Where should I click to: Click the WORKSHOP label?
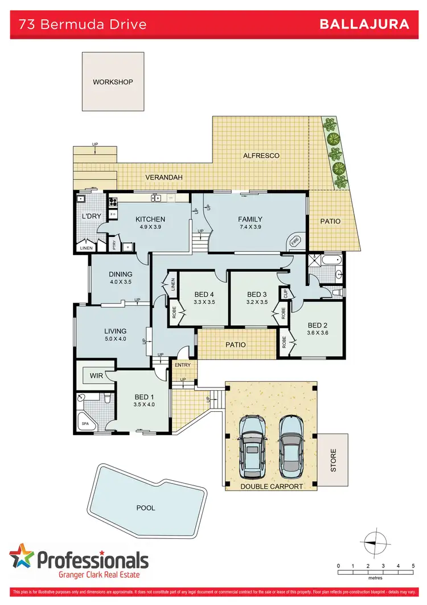coord(113,82)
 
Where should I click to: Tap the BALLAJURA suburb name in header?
coord(364,24)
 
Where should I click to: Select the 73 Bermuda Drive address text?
coord(83,24)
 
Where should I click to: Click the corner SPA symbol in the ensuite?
coord(85,424)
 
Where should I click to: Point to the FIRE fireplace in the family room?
coord(295,242)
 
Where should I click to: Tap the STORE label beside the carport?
coord(333,460)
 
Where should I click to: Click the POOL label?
coord(145,508)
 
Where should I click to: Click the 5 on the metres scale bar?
coord(412,566)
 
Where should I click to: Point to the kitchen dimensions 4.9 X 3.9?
coord(150,227)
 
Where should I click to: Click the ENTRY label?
coord(183,365)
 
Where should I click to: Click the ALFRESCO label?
coord(261,155)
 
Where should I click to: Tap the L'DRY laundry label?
coord(91,216)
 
